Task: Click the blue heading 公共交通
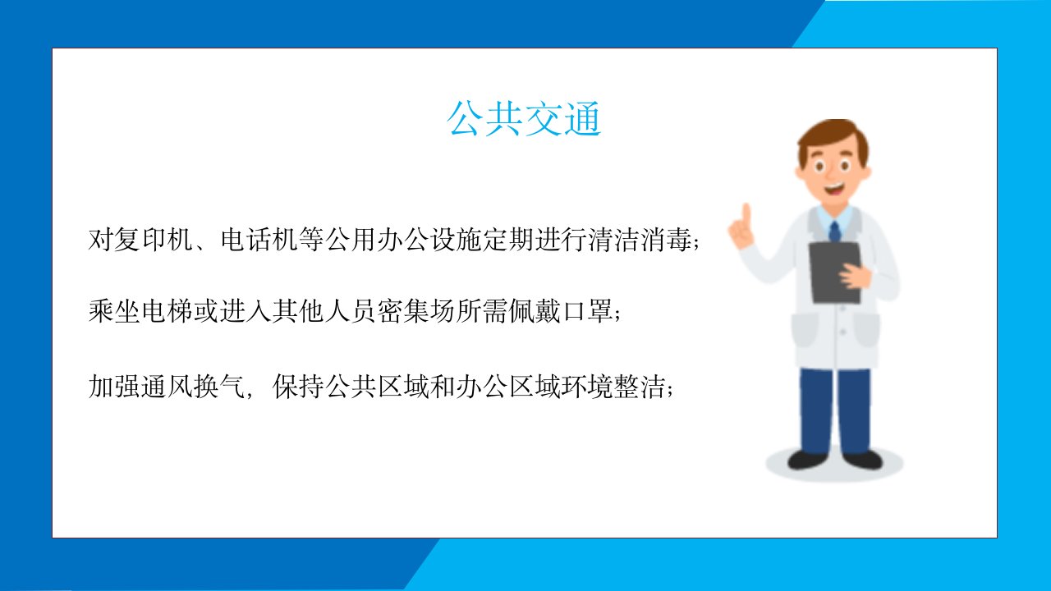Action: pyautogui.click(x=524, y=119)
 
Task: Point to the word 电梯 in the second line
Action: pyautogui.click(x=167, y=311)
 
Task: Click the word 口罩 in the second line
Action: pyautogui.click(x=588, y=311)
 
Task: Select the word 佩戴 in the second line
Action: pyautogui.click(x=535, y=311)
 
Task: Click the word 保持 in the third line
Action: pyautogui.click(x=299, y=387)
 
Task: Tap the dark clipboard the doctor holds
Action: pyautogui.click(x=835, y=273)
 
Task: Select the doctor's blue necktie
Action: pyautogui.click(x=834, y=231)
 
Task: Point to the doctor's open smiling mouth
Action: pyautogui.click(x=833, y=190)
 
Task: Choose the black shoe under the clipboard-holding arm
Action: pyautogui.click(x=862, y=459)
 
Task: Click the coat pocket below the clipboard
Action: pyautogui.click(x=866, y=330)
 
